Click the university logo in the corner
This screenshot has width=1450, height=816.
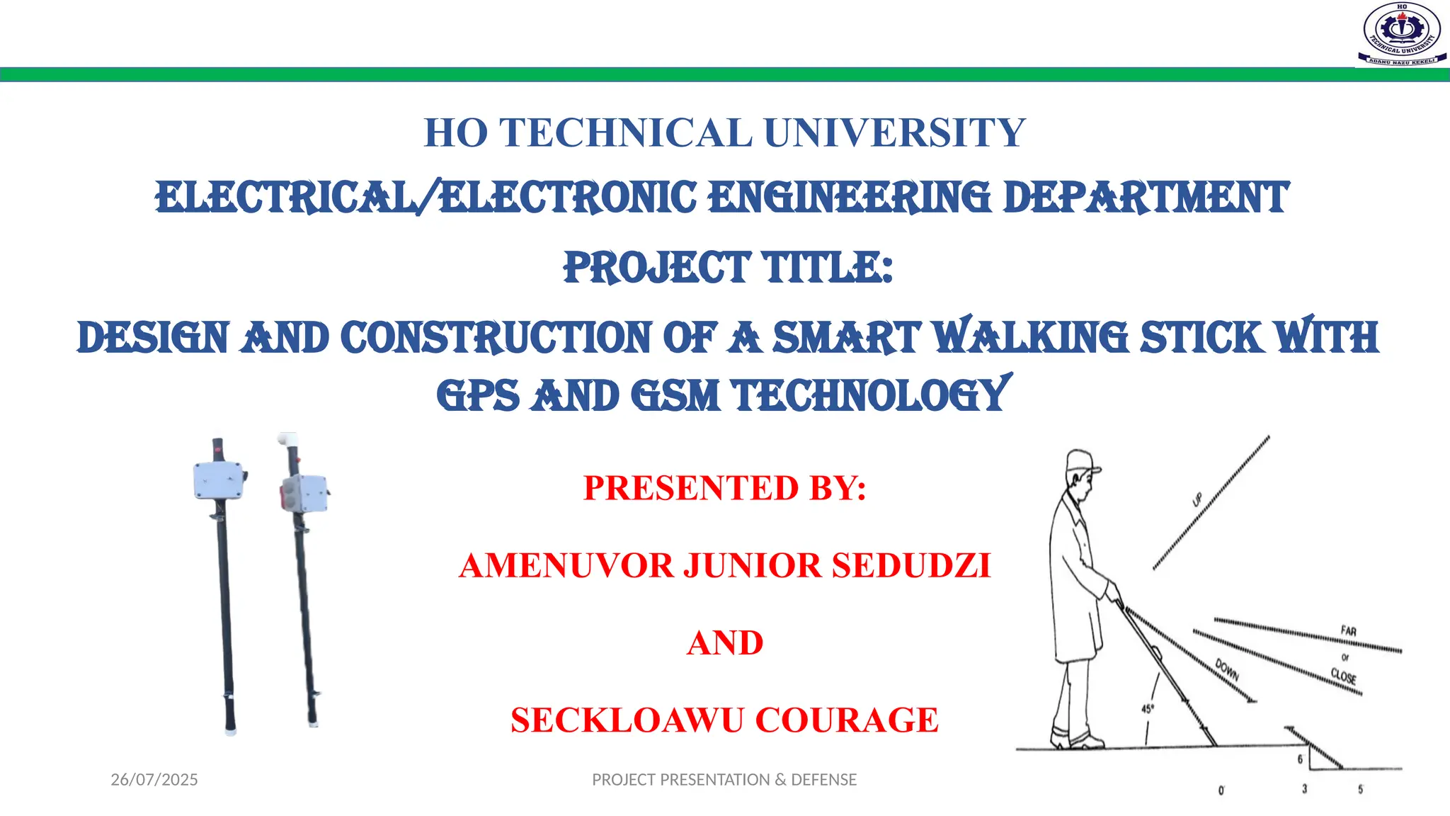1401,35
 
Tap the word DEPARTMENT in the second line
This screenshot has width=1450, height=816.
1146,198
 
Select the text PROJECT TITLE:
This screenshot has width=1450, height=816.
728,268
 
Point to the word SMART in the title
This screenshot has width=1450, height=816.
846,337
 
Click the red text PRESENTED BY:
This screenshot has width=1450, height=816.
725,488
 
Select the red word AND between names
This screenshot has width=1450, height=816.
725,643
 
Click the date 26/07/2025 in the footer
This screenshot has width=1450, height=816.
154,780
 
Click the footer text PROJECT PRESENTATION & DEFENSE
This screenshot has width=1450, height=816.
724,780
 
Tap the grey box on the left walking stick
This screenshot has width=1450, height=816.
219,480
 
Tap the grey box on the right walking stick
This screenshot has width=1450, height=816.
305,492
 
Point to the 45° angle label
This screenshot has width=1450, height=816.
1148,708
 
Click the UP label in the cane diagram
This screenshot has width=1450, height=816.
1197,500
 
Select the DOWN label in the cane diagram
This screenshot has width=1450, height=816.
1227,669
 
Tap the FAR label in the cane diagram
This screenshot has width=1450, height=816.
1348,630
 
